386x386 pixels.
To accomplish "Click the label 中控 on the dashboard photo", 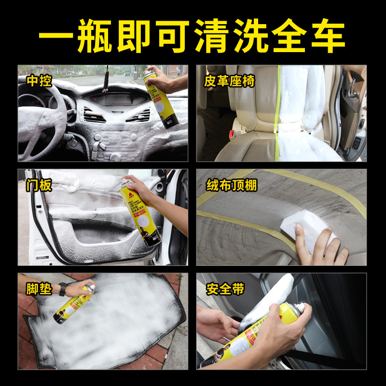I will [x=39, y=80].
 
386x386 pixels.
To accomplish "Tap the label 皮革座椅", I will [x=230, y=80].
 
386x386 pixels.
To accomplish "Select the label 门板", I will [x=39, y=184].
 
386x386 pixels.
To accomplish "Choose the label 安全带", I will [x=225, y=289].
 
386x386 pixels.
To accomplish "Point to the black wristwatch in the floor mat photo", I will [x=62, y=289].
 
